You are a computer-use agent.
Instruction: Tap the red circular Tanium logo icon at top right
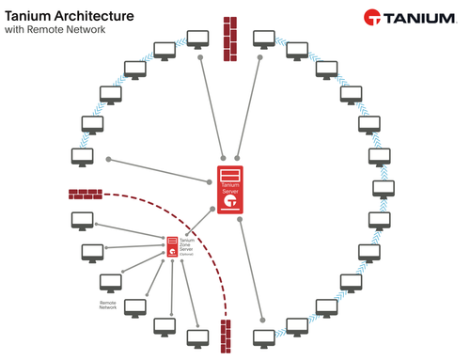click(x=373, y=19)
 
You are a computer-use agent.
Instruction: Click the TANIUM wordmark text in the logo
click(x=421, y=19)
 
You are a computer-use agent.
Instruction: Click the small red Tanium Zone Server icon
click(x=173, y=246)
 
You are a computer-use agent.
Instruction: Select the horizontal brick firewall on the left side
click(x=86, y=195)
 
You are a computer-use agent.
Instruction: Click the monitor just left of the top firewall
click(x=197, y=39)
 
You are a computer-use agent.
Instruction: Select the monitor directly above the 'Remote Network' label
click(x=110, y=283)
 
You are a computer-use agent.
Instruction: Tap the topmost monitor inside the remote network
click(x=81, y=221)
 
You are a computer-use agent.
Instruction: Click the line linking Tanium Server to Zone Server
click(x=197, y=223)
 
